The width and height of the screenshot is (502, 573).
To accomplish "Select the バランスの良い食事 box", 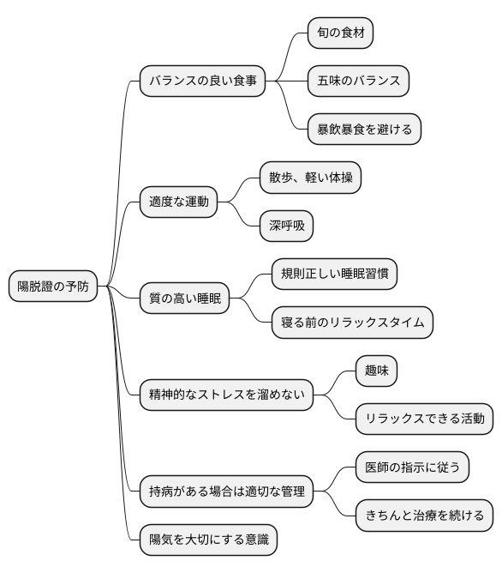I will [202, 82].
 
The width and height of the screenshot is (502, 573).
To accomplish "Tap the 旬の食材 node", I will [341, 33].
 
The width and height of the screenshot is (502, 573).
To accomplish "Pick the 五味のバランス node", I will [358, 81].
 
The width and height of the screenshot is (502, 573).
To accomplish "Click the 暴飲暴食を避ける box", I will [364, 130].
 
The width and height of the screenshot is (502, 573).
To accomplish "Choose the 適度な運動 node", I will [178, 203].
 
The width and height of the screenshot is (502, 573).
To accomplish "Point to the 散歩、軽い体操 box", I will [311, 178].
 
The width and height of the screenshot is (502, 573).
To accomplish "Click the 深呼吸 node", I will [286, 227].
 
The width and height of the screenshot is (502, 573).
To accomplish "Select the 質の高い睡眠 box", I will [185, 299].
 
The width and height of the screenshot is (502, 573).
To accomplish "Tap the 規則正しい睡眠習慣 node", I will [334, 274].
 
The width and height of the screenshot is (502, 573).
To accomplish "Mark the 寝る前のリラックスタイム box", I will [351, 323].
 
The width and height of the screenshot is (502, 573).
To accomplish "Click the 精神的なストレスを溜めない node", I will [226, 395].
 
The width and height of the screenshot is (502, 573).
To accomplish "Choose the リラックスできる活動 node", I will [424, 419].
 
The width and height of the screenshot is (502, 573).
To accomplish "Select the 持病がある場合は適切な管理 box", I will [226, 492].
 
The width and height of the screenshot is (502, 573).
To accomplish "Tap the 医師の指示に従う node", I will [413, 467].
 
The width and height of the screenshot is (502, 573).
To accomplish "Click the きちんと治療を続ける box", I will [424, 516].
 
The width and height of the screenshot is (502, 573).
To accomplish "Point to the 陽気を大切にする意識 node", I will [208, 540].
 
